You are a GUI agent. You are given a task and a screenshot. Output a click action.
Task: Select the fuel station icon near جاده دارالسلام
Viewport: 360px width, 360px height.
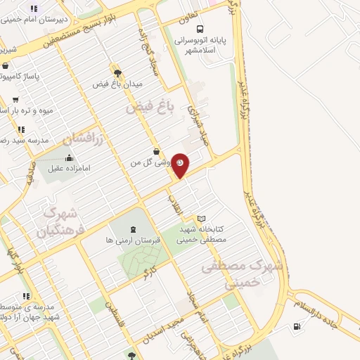[297, 326]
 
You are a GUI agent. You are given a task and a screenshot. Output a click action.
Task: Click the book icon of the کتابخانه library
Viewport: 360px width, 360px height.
[202, 219]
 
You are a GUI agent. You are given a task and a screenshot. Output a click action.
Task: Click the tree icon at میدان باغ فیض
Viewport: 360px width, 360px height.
[117, 72]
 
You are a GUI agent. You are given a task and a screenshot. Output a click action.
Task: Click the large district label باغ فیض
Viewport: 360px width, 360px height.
[149, 107]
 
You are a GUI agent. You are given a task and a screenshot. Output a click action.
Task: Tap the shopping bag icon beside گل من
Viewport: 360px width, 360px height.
[156, 152]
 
